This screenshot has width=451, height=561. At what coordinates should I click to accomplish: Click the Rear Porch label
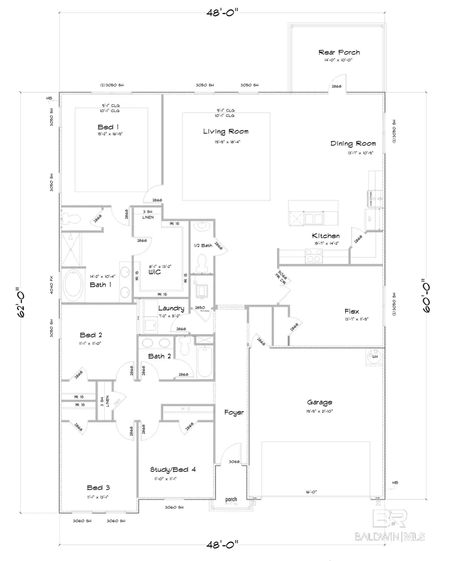(339, 52)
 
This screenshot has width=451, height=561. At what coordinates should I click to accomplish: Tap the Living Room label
(225, 132)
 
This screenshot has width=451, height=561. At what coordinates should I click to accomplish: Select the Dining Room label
(353, 144)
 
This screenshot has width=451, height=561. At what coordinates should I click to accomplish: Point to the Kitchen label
(326, 236)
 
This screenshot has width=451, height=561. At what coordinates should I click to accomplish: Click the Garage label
(320, 402)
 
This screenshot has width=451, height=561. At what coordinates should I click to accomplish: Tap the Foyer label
(234, 413)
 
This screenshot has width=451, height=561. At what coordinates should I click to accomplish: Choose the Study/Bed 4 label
(173, 470)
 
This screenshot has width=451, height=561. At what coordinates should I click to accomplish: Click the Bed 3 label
(98, 487)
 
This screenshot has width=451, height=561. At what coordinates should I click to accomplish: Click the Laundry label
(171, 309)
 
